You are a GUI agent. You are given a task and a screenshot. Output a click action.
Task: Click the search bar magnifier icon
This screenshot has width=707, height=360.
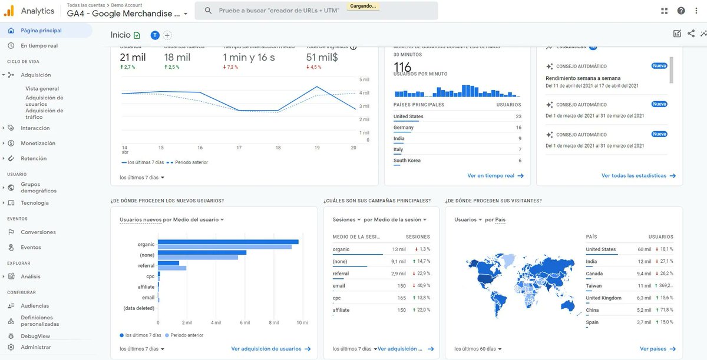tap(208, 11)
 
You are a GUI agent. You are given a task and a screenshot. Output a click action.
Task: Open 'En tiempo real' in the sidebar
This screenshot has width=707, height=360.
tap(39, 45)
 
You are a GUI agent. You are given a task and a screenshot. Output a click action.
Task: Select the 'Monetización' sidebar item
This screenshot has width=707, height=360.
tap(38, 143)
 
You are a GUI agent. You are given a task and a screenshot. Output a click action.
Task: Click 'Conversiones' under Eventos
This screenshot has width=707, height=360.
tap(38, 232)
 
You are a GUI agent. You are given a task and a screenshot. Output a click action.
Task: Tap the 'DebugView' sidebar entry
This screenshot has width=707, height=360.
tap(35, 336)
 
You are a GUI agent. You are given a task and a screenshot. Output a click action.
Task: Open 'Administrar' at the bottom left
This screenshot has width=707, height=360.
tap(35, 347)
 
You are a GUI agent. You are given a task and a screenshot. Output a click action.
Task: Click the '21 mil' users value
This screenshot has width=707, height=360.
tap(133, 57)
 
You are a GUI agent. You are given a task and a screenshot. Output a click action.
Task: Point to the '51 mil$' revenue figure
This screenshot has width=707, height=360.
tap(322, 57)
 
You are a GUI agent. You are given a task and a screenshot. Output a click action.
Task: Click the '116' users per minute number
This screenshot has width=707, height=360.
tap(402, 66)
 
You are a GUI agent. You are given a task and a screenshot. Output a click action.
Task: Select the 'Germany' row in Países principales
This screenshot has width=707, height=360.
tap(404, 127)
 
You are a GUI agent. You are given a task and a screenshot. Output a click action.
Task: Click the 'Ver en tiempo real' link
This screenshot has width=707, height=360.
tap(491, 175)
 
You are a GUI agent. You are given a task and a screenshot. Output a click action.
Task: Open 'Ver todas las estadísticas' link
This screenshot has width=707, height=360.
tap(634, 175)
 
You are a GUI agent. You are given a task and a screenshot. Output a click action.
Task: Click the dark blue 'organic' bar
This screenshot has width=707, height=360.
tap(228, 242)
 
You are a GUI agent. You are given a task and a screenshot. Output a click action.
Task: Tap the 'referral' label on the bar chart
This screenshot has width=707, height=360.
tap(146, 265)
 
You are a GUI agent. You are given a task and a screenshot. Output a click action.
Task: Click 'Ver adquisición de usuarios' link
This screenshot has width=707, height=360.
tap(266, 349)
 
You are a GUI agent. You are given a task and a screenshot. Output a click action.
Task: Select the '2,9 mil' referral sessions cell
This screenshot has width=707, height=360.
tap(398, 274)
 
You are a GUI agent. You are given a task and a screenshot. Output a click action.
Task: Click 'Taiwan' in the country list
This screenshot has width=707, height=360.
tap(594, 285)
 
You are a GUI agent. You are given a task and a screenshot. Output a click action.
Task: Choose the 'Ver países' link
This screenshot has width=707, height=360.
tap(653, 349)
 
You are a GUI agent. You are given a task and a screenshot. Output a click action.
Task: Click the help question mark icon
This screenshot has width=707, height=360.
tap(681, 11)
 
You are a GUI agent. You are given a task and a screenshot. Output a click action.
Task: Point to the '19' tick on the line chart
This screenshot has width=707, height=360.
tap(317, 147)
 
